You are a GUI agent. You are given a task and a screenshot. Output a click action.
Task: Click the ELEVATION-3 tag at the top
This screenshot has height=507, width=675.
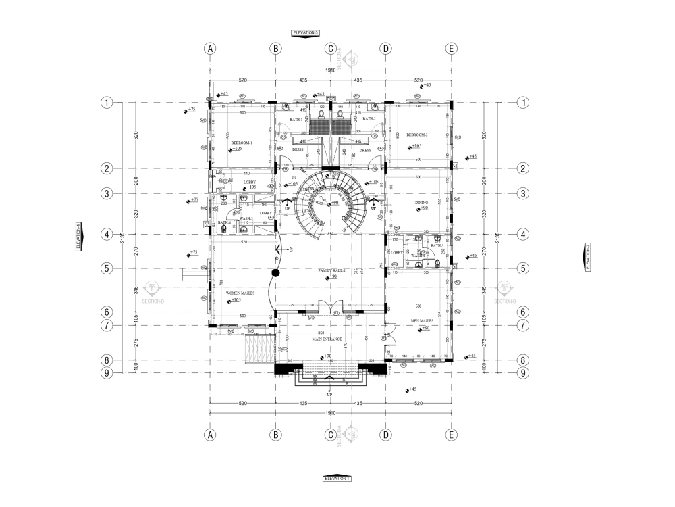[x=304, y=32]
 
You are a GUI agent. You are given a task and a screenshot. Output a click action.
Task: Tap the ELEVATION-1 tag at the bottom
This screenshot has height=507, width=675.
[x=337, y=478]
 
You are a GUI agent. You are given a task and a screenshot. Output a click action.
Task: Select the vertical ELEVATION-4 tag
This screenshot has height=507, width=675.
[x=78, y=237]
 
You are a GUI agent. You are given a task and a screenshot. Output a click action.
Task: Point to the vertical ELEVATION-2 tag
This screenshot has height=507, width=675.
[x=587, y=257]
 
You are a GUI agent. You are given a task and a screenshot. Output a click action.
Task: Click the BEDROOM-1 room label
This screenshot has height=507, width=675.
[x=241, y=143]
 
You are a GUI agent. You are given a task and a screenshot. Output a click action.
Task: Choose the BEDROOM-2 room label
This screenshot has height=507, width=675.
[x=416, y=135]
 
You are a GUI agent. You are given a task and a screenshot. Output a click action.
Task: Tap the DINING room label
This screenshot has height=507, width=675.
[x=422, y=202]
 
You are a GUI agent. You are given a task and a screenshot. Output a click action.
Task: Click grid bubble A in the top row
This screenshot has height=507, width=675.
[x=211, y=49]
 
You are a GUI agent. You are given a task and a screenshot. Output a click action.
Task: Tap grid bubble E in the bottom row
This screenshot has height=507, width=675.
[x=452, y=435]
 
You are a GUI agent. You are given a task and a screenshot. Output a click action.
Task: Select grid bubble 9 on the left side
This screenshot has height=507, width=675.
[x=106, y=372]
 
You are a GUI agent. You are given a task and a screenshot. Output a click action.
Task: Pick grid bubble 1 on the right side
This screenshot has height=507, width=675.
[x=522, y=103]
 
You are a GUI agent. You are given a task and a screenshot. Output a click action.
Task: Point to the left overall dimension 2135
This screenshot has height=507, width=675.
[x=122, y=237]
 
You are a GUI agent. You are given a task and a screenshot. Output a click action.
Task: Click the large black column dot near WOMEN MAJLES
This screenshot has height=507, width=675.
[x=275, y=274]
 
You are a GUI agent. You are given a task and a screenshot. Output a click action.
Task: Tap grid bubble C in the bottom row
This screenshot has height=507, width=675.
[x=331, y=435]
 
